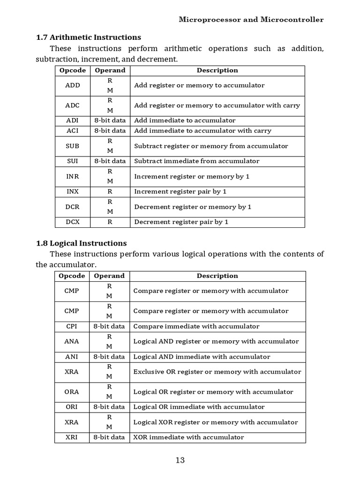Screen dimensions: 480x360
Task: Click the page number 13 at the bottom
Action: click(180, 460)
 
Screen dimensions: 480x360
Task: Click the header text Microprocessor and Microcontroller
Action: click(251, 20)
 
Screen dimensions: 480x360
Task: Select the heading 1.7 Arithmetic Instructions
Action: click(89, 37)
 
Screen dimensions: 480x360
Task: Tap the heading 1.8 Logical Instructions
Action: click(82, 243)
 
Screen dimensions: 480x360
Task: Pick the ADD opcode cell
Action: click(73, 85)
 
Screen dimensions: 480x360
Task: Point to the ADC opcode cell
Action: click(73, 105)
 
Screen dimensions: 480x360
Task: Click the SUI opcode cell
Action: click(73, 161)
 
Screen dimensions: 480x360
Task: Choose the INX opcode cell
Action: click(73, 191)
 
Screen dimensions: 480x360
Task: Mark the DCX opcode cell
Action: click(73, 222)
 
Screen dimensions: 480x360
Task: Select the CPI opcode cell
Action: click(72, 326)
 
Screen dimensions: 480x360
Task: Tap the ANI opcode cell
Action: click(72, 357)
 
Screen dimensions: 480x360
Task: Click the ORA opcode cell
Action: click(72, 392)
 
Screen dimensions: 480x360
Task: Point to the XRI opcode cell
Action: click(72, 437)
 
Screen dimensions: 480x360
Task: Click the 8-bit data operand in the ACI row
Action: click(110, 131)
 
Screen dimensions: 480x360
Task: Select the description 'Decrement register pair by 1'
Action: click(181, 222)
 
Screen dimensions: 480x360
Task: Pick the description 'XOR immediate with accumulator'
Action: click(188, 437)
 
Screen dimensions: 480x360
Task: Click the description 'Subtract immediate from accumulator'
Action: click(196, 161)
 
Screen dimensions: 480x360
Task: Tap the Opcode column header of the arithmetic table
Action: click(73, 70)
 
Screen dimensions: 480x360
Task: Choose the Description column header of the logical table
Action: click(217, 276)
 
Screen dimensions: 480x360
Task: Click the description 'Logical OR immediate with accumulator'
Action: click(199, 407)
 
